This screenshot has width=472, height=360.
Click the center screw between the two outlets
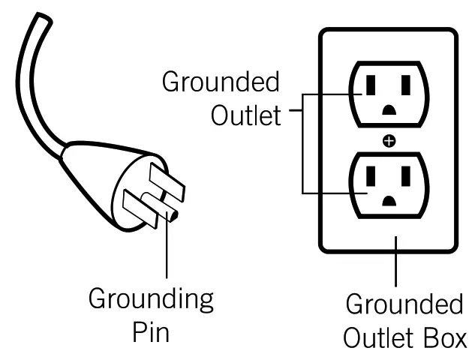(x=387, y=141)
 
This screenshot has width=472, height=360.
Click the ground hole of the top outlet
(x=388, y=109)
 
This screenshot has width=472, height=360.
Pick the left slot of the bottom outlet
(x=368, y=178)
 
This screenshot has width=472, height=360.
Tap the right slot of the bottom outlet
(x=406, y=178)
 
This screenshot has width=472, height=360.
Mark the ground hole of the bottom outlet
(x=388, y=200)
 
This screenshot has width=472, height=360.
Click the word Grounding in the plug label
(x=150, y=301)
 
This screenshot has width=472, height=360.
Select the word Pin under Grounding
(x=150, y=331)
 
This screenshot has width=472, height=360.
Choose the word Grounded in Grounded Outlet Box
(x=404, y=306)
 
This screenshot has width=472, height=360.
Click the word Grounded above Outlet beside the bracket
(x=220, y=82)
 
